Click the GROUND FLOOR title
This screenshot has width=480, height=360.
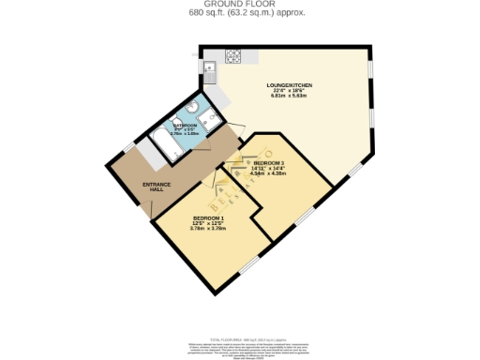coord(239,5)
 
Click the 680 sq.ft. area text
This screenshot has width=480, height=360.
coord(239,13)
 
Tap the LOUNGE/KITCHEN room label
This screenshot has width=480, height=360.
coord(289,85)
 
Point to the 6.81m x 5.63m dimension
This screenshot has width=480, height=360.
coord(289,97)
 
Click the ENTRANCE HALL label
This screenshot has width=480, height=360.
coord(157,187)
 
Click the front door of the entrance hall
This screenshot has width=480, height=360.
coord(146,208)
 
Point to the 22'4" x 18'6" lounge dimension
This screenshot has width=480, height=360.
coord(289,91)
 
